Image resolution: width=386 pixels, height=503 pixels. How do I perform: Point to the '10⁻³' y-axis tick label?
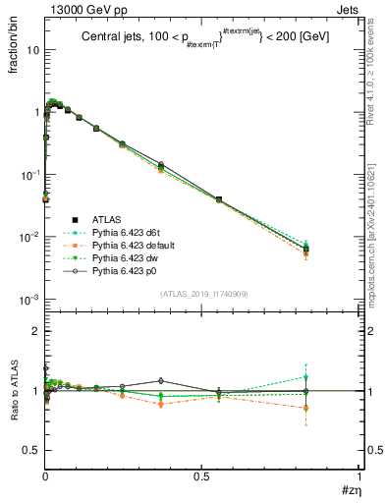pyautogui.click(x=29, y=299)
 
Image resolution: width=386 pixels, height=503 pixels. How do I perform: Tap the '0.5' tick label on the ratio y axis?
pyautogui.click(x=30, y=450)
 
